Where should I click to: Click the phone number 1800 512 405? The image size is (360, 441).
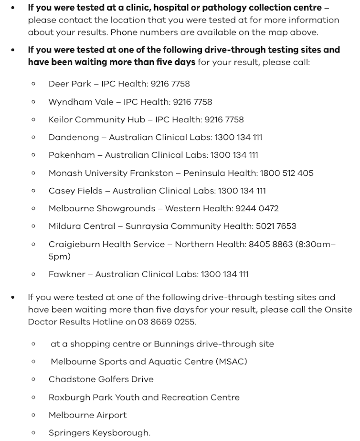pos(286,173)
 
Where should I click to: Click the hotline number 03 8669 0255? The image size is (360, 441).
pos(166,322)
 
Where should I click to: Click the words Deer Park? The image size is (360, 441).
pos(70,84)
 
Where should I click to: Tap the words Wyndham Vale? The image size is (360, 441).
pos(81,102)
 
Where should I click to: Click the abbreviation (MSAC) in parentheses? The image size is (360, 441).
pos(232,362)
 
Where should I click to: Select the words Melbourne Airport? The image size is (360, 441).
pos(87,415)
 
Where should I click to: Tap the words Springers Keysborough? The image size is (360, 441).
pos(99,433)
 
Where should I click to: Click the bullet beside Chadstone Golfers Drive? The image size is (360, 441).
pos(33,379)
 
